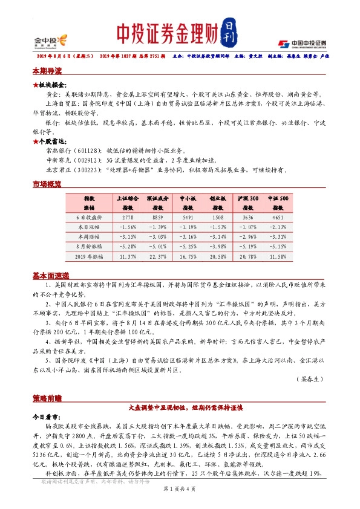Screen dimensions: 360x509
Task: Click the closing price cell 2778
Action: coord(128,216)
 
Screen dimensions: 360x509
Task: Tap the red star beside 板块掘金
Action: coord(35,85)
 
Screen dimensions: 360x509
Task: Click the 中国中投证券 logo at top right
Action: coord(302,43)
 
